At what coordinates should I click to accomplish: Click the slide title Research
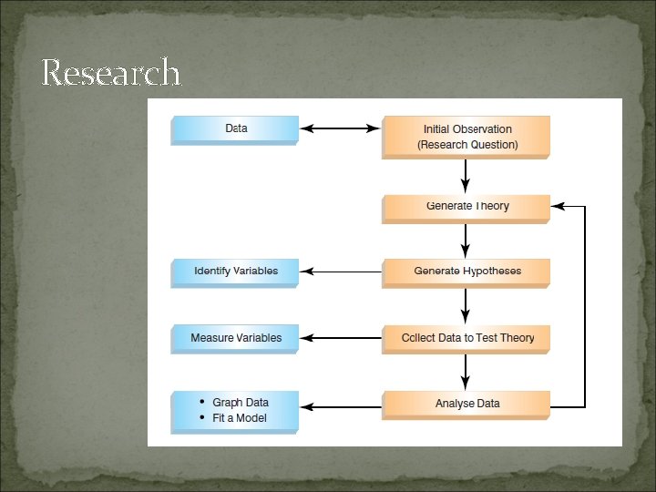tap(110, 72)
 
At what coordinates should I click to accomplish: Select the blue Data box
tap(235, 129)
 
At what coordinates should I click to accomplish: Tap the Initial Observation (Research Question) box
tap(466, 137)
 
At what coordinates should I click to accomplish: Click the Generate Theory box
tap(466, 207)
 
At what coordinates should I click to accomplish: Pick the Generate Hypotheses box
tap(466, 272)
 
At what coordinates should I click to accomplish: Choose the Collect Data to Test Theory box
tap(466, 338)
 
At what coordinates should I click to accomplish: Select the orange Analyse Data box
tap(466, 404)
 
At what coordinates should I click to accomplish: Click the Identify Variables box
tap(235, 272)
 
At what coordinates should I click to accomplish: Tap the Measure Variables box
tap(235, 338)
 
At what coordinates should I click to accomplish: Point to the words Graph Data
tap(241, 403)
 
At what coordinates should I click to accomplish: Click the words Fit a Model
tap(240, 418)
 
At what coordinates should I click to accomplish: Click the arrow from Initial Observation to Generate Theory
tap(466, 176)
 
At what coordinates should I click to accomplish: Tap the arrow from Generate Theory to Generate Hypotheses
tap(466, 241)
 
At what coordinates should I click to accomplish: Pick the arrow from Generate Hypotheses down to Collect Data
tap(466, 306)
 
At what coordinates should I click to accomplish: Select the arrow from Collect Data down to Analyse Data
tap(466, 372)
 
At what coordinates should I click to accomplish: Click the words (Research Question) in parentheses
tap(467, 145)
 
